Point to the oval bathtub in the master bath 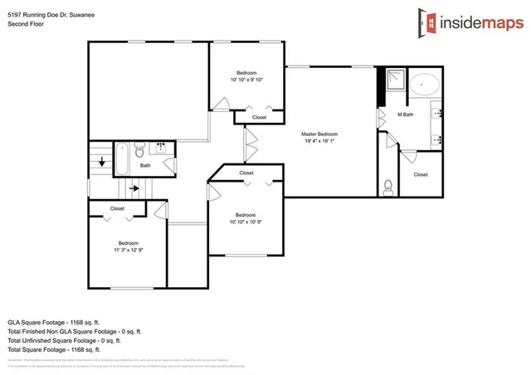tap(427, 84)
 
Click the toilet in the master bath tap(388, 184)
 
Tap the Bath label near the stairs tap(145, 165)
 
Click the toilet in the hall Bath tap(139, 149)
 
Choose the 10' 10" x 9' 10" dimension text tap(246, 80)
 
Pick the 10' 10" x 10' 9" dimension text tap(246, 222)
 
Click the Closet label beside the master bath tap(421, 174)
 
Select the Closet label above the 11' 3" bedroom tap(117, 208)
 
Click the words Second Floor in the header tap(26, 23)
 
